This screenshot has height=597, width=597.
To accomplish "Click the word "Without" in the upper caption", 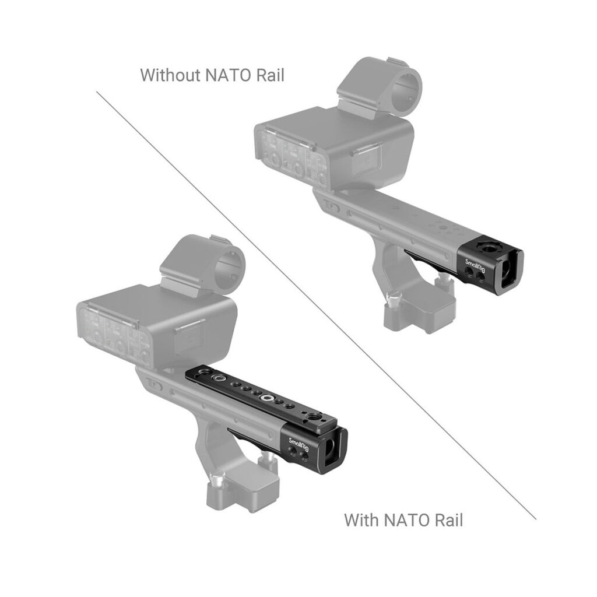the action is click(171, 75).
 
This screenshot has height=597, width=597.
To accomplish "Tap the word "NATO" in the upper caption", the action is click(229, 75).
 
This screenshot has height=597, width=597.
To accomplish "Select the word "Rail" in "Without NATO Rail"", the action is click(271, 75).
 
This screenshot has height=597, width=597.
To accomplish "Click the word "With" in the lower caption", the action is click(361, 519).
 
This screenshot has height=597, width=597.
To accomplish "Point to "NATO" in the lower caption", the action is click(405, 519).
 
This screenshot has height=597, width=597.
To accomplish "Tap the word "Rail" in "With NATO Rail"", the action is click(448, 519).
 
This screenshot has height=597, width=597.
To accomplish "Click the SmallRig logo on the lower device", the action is click(299, 444).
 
